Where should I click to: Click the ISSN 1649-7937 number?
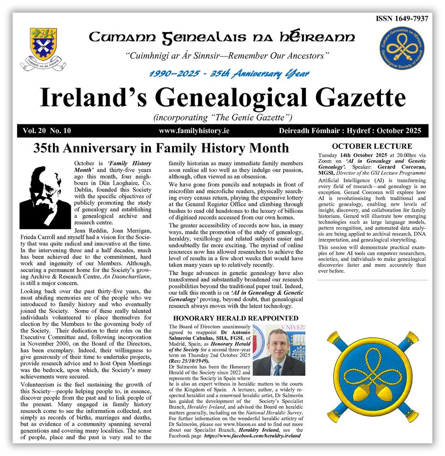point(402,19)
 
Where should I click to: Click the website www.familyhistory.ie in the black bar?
point(195,131)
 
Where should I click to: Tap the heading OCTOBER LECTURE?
point(372,146)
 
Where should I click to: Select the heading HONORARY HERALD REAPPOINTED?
point(236,318)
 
